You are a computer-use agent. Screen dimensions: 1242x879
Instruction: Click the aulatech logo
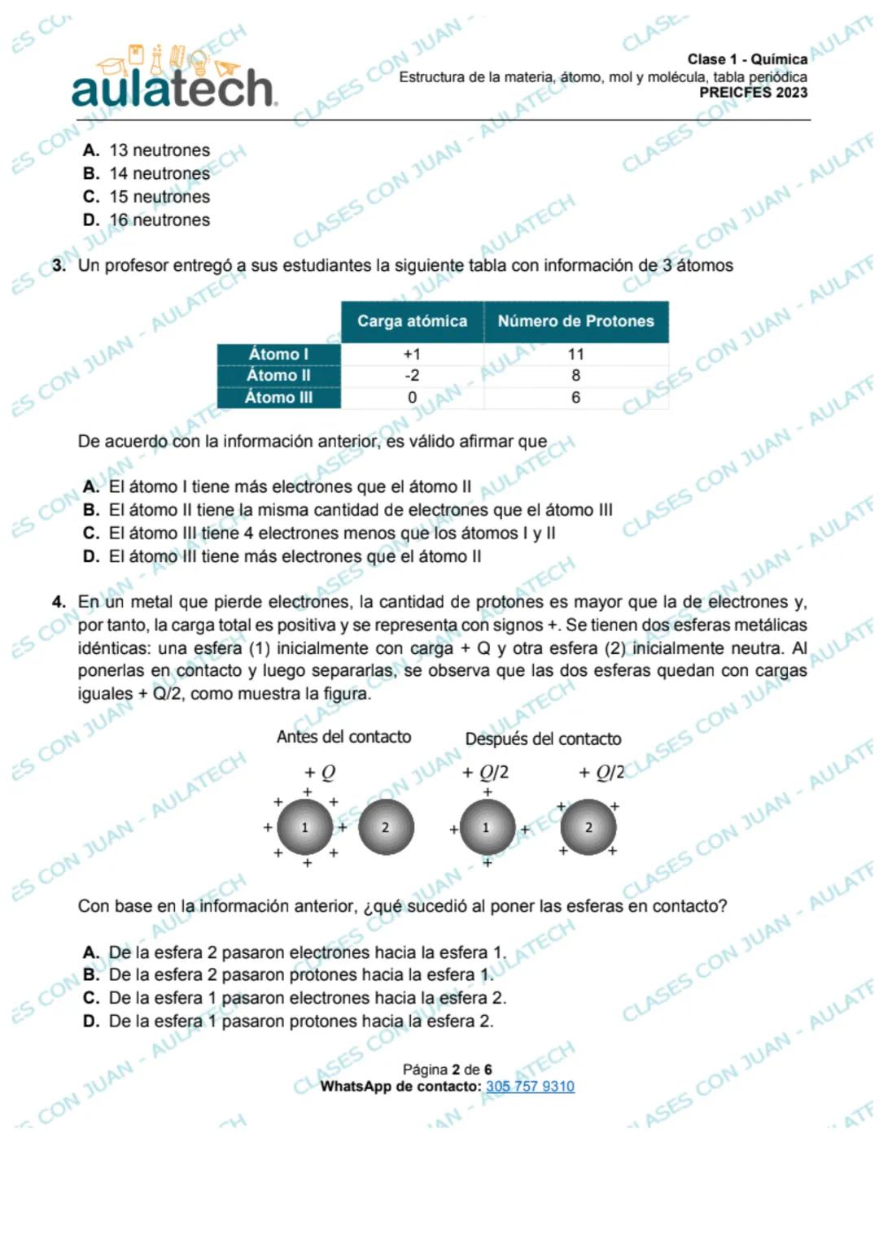[173, 81]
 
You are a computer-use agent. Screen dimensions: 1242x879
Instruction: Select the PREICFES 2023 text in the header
[753, 93]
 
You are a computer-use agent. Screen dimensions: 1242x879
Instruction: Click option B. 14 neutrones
[146, 173]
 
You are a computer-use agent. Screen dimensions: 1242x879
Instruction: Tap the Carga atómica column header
[412, 321]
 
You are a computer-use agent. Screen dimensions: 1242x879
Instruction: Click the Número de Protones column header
[575, 321]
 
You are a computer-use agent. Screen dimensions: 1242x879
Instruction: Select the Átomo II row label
[278, 376]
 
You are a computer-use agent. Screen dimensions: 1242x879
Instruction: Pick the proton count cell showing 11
[575, 355]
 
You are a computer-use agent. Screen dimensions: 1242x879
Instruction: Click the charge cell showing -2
[412, 376]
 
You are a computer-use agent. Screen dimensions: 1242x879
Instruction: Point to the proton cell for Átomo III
[575, 398]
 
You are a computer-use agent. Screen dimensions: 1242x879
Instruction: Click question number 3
[59, 265]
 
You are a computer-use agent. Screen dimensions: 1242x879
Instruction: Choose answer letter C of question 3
[91, 534]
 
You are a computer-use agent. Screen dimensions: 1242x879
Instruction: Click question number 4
[59, 602]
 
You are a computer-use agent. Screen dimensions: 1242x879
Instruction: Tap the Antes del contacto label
[343, 737]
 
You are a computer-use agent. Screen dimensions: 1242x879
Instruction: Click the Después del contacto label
[543, 739]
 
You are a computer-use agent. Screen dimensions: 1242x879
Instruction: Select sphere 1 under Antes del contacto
[305, 827]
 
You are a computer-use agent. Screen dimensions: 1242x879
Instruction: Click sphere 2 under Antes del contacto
[386, 827]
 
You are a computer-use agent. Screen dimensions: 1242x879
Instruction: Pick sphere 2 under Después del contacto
[588, 827]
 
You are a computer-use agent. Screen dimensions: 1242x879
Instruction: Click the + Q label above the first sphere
[320, 772]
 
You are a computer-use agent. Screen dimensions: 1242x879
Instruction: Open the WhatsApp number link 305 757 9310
[530, 1087]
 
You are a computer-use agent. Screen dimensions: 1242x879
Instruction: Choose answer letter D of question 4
[91, 1022]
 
